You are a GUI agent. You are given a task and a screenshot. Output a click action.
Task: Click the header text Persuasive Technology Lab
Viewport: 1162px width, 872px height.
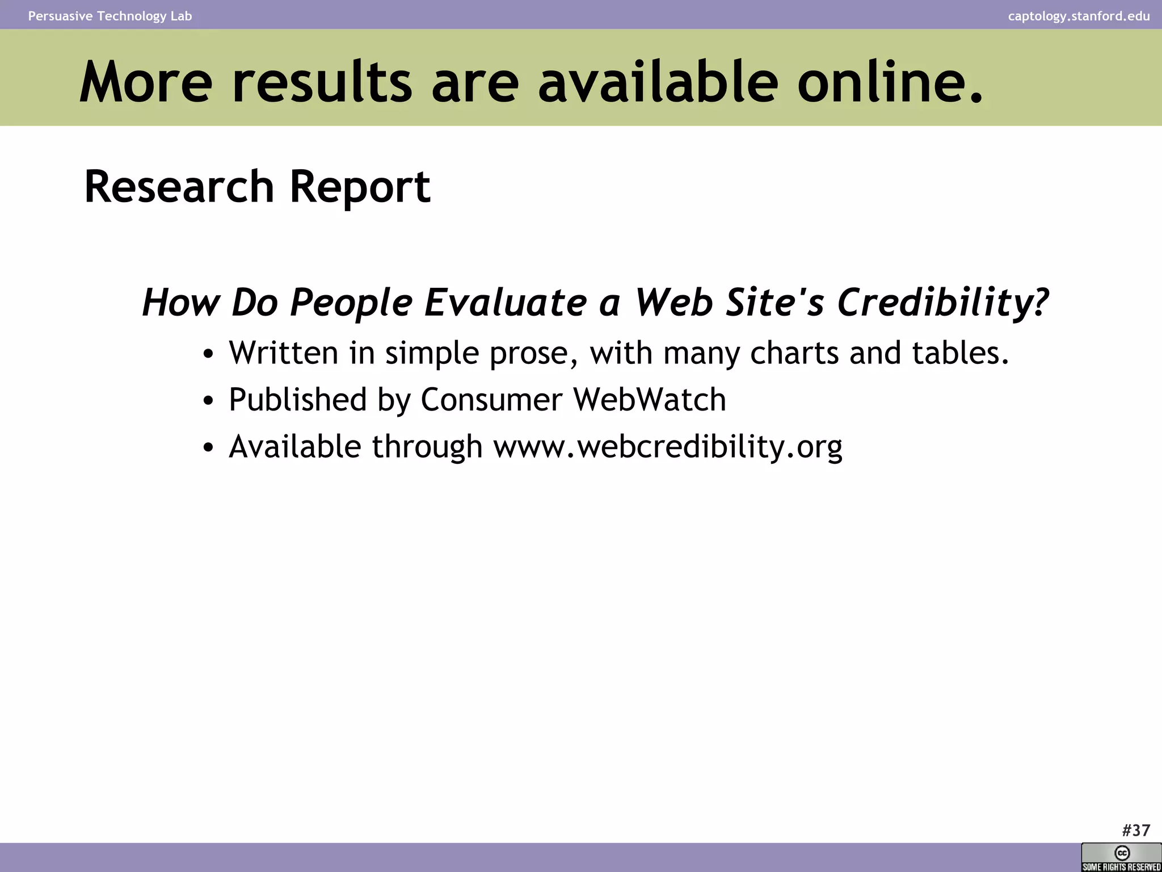(110, 16)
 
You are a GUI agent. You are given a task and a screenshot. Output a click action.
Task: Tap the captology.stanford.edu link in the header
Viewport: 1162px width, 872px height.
(1079, 16)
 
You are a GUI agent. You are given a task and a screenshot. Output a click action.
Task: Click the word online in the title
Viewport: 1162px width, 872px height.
(889, 82)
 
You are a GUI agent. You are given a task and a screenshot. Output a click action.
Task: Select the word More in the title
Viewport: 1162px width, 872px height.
(146, 82)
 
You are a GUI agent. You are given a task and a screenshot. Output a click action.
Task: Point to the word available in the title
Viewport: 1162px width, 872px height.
(658, 82)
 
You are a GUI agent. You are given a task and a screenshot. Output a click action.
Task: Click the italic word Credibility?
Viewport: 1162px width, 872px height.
(942, 302)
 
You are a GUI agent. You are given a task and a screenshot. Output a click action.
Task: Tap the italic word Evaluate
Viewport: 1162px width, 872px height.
(505, 302)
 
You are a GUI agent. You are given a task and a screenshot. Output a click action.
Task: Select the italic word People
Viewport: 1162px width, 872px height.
(351, 302)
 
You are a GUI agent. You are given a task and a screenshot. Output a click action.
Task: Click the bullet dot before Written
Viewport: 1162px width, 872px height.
(208, 354)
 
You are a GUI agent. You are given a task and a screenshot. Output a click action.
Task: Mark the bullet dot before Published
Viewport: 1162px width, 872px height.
(208, 401)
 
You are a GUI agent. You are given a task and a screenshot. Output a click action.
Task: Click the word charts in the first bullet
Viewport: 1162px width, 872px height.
(794, 353)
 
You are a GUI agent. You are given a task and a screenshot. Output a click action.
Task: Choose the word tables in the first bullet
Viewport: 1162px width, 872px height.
(960, 353)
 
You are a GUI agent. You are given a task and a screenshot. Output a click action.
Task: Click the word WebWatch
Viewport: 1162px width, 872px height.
(650, 399)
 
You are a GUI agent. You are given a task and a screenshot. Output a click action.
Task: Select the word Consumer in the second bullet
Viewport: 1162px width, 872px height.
(491, 399)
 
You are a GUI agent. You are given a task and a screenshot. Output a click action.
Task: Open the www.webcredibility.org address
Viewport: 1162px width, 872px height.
(668, 447)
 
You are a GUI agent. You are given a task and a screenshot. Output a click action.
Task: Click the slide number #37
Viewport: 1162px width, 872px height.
(1136, 831)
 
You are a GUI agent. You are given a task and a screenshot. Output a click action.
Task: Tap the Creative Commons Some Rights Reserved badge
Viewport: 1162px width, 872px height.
(1121, 857)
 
